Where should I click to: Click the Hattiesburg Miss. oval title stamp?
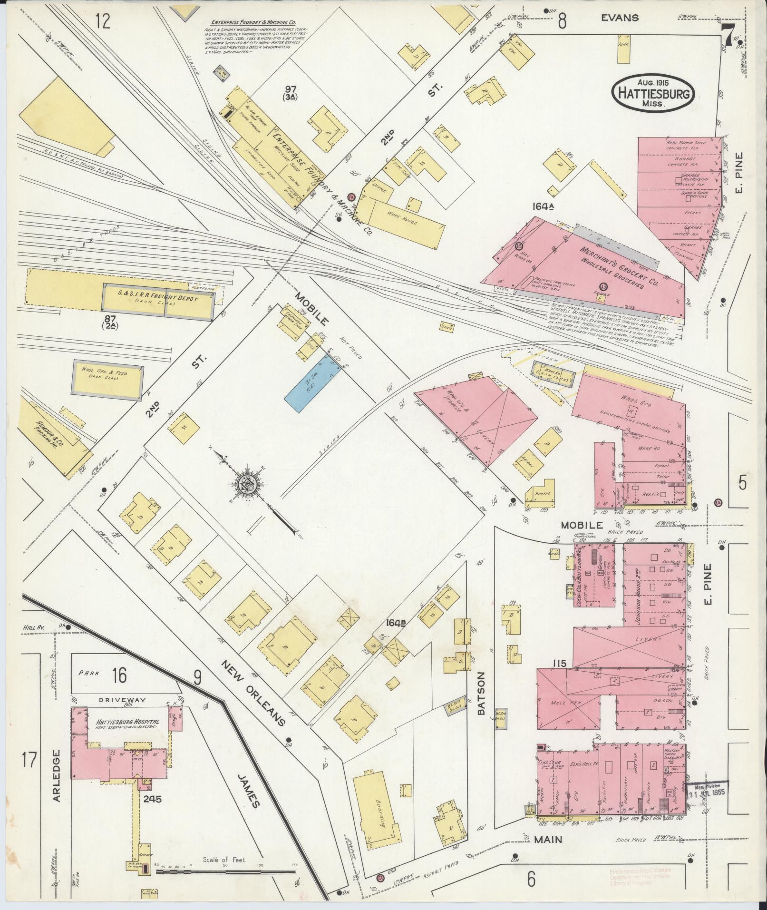653,93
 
